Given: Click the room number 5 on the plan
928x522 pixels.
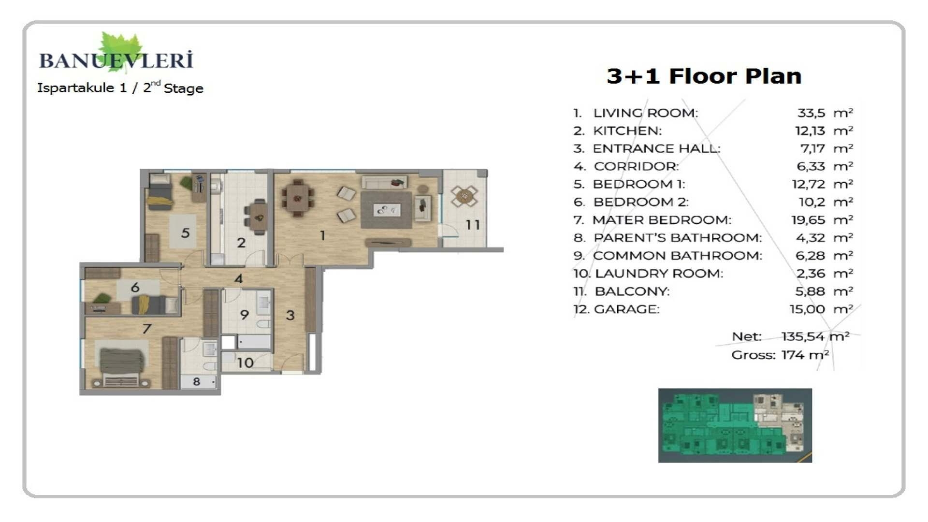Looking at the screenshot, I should click(185, 233).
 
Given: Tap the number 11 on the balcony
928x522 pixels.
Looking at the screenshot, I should click(473, 225).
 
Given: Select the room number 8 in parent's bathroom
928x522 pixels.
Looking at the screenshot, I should click(196, 381).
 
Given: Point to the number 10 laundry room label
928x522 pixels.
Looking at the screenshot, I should click(245, 362).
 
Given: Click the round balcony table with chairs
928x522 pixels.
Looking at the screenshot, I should click(464, 196).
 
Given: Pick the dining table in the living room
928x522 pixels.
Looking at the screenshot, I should click(298, 198).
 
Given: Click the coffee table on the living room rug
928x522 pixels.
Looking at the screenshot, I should click(387, 210).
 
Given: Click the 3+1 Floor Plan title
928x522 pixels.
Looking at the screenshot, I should click(704, 76).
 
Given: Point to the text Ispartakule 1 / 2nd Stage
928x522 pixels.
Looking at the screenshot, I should click(120, 88).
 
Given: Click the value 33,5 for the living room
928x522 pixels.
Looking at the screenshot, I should click(811, 113).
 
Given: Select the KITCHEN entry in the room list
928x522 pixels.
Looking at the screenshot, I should click(627, 130).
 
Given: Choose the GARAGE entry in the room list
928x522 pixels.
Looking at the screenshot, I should click(626, 309).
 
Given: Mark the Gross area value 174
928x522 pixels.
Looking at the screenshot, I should click(793, 355).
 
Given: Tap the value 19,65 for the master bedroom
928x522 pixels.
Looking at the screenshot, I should click(808, 220).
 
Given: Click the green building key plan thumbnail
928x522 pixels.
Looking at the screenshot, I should click(735, 425).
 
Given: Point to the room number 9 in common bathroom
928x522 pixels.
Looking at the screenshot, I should click(244, 315).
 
